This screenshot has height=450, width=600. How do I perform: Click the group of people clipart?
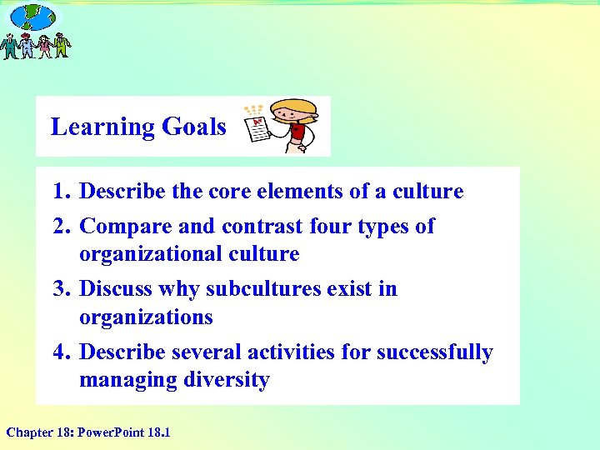point(36,46)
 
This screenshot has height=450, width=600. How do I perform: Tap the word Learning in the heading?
point(102,127)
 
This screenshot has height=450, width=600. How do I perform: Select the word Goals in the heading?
point(194,127)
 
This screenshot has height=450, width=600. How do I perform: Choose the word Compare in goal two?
point(121,227)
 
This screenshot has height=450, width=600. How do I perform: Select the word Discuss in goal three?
point(116,289)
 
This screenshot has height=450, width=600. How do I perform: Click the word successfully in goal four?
point(434,352)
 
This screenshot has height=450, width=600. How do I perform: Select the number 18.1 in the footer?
point(157,432)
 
